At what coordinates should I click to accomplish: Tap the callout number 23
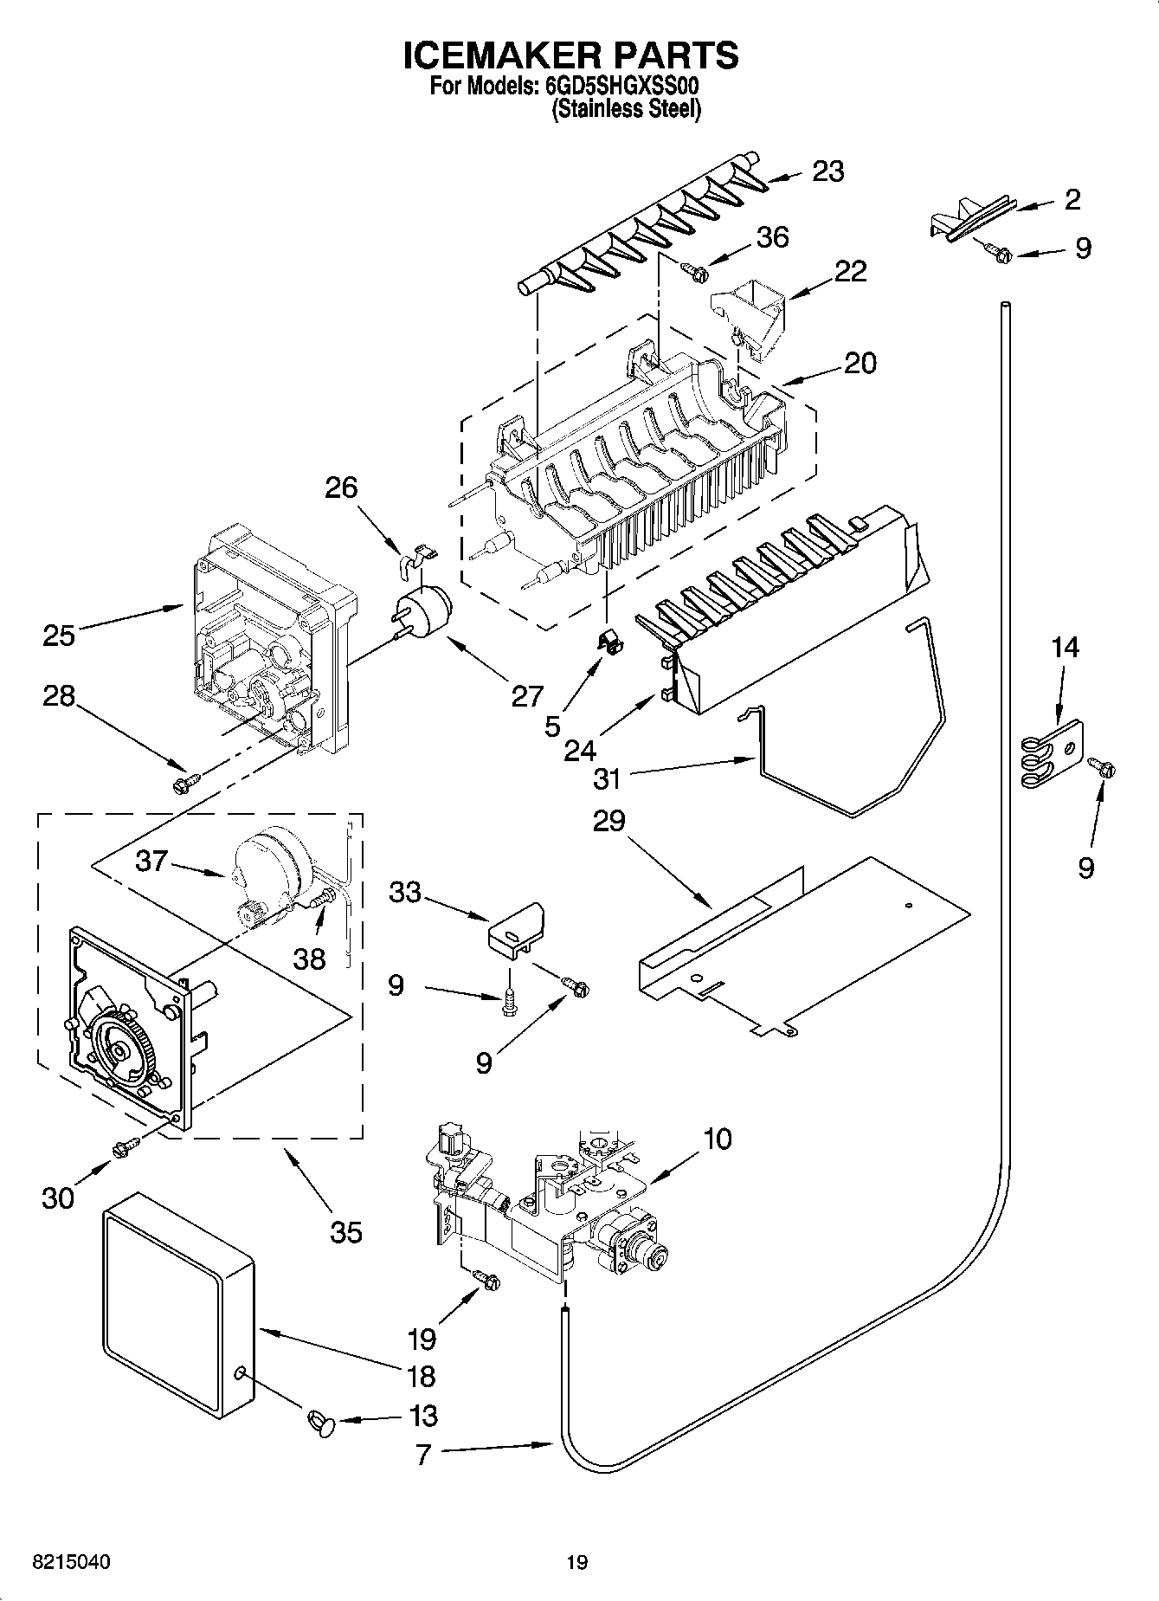827,171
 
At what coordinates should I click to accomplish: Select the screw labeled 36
696,272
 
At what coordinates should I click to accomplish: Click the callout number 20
860,363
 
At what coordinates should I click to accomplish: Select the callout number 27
526,695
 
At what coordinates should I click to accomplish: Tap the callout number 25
60,636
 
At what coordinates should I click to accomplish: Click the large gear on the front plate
120,1048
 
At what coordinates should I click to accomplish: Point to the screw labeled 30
126,1146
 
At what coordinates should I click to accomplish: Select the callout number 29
608,820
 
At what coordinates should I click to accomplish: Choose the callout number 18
420,1376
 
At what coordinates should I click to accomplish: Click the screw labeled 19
488,1279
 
